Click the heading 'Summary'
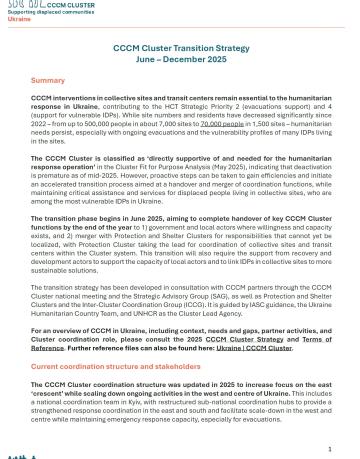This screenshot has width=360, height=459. coord(47,79)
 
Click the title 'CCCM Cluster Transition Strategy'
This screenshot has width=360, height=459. coord(179,50)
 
